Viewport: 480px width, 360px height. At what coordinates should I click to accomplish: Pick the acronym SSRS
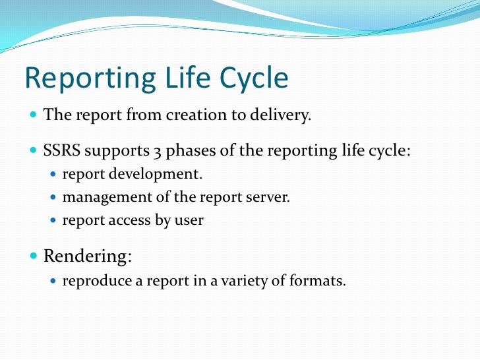point(61,150)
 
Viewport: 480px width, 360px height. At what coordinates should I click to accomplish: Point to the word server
point(269,197)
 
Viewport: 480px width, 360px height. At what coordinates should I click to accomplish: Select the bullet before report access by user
point(54,220)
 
